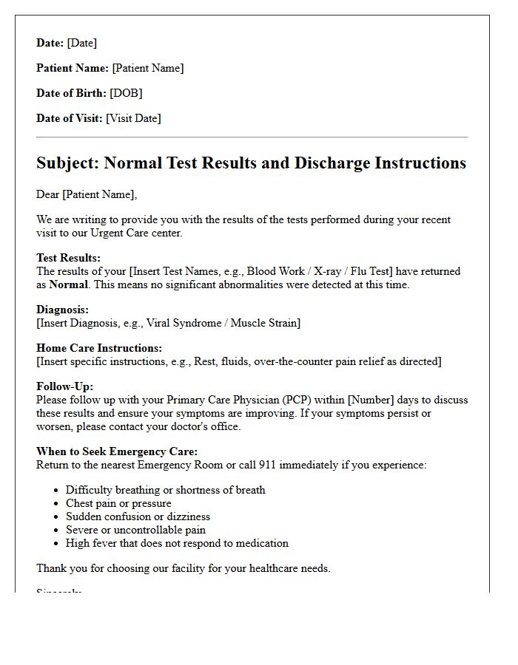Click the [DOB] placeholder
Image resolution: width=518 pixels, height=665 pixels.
click(x=126, y=93)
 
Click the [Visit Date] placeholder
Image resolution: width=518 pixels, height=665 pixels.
click(x=133, y=118)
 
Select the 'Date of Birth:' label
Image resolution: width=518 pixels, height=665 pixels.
click(x=71, y=93)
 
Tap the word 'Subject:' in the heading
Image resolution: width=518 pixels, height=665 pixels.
click(x=67, y=163)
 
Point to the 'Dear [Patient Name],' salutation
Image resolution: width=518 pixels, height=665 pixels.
click(x=87, y=194)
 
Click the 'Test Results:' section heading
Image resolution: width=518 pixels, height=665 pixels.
click(x=68, y=258)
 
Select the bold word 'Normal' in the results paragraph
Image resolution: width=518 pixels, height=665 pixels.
click(x=69, y=284)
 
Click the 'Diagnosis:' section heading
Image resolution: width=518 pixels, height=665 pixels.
click(x=62, y=310)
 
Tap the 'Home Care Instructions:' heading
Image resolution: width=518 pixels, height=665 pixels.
click(x=99, y=348)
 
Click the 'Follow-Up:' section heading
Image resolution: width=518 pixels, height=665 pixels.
click(x=64, y=386)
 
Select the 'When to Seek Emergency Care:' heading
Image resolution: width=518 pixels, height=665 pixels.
click(x=117, y=451)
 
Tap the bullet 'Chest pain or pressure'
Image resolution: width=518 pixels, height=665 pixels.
click(x=118, y=503)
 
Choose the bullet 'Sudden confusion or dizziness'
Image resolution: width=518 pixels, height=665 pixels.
click(x=138, y=516)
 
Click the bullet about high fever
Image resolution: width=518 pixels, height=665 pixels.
click(x=177, y=543)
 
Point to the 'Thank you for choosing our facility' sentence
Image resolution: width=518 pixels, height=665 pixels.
click(x=183, y=568)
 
